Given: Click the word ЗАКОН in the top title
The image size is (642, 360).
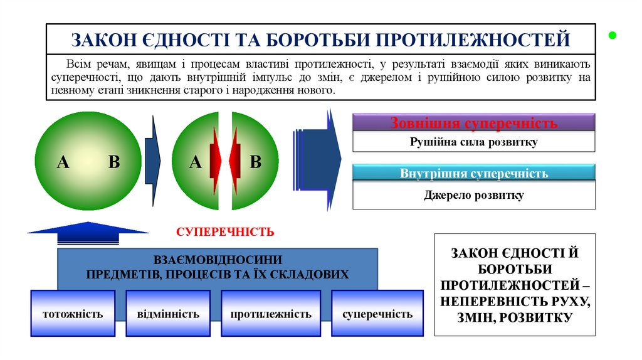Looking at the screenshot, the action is [103, 40].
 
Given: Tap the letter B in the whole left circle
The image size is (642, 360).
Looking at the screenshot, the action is [113, 162].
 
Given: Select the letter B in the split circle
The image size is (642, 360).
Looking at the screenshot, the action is [255, 162].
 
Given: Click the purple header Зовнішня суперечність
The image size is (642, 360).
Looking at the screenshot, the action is [473, 122].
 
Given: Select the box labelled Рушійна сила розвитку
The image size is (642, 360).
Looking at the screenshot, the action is [473, 142].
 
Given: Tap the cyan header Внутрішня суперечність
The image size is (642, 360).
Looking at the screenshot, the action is [473, 173].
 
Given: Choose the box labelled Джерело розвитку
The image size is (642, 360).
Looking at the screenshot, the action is [473, 195].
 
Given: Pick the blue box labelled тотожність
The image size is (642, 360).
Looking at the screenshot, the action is [73, 314].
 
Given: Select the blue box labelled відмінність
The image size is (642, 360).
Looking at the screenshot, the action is [168, 314].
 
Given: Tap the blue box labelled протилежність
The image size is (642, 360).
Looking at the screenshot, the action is [270, 314].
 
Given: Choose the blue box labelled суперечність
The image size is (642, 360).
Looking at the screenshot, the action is [377, 314].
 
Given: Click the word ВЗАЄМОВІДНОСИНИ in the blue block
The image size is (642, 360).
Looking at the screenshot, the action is [218, 260].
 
